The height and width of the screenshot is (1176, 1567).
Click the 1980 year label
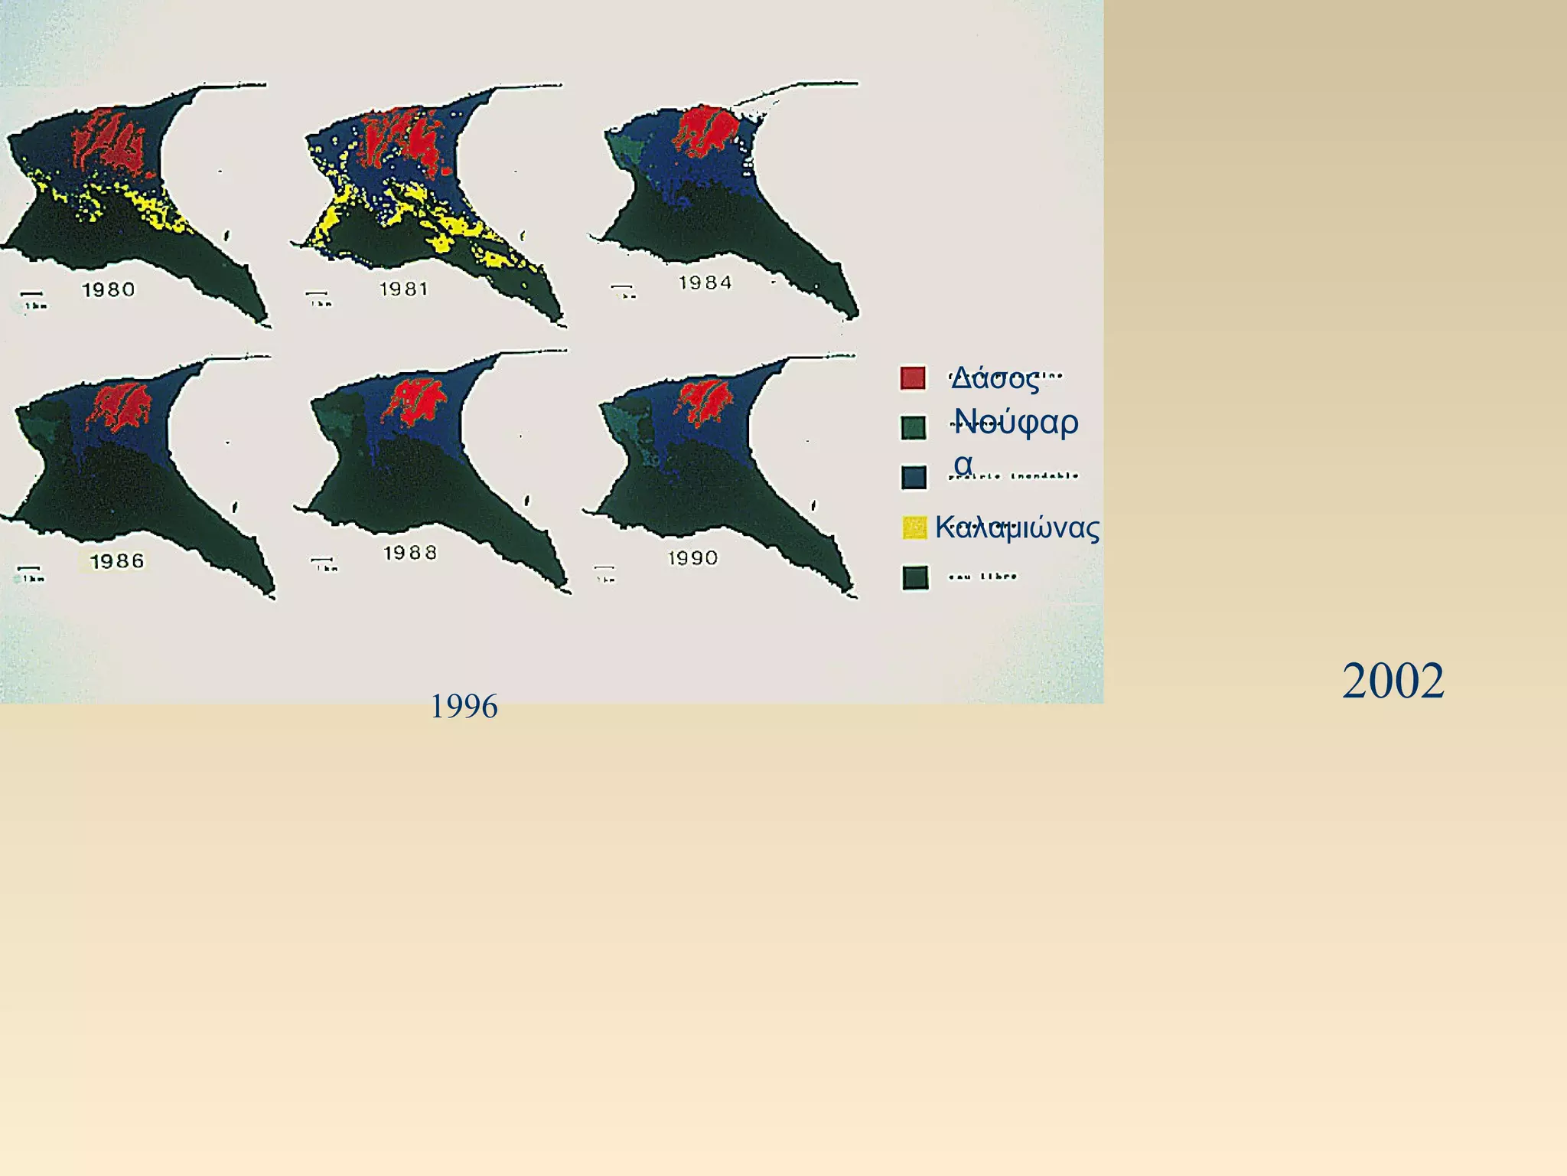(x=109, y=289)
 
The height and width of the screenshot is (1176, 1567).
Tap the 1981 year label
(x=404, y=289)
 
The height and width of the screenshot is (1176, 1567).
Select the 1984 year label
(x=705, y=283)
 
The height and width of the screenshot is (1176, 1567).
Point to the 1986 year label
(x=116, y=561)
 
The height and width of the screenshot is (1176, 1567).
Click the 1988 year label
(x=410, y=553)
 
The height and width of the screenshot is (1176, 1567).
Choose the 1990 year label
(x=692, y=557)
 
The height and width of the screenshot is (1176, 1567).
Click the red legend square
(x=913, y=378)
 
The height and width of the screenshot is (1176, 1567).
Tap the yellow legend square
(x=914, y=528)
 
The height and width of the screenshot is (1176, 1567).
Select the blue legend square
(x=914, y=477)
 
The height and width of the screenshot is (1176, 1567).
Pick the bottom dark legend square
(x=915, y=577)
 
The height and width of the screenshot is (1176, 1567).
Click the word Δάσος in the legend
(x=995, y=379)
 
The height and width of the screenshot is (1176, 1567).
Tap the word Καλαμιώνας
(x=1017, y=528)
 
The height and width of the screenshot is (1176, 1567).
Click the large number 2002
(x=1393, y=681)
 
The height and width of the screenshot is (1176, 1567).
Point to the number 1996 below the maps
(x=464, y=706)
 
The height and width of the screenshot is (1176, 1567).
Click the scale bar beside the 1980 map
(x=31, y=294)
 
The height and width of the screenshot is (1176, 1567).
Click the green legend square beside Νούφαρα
(x=914, y=428)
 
